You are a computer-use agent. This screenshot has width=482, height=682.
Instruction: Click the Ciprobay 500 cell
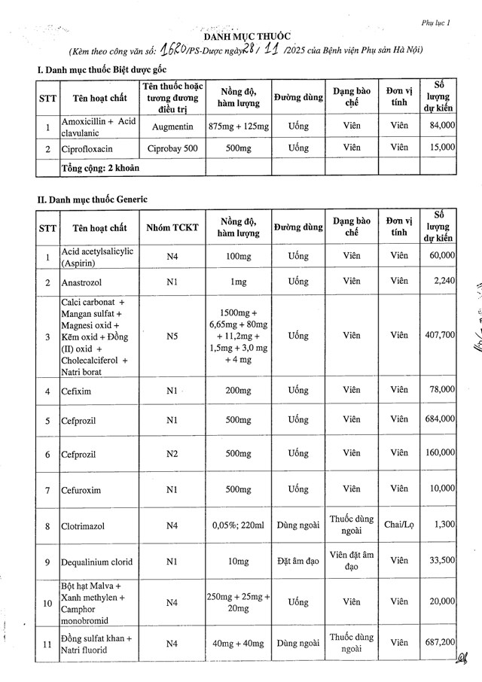tap(174, 148)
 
